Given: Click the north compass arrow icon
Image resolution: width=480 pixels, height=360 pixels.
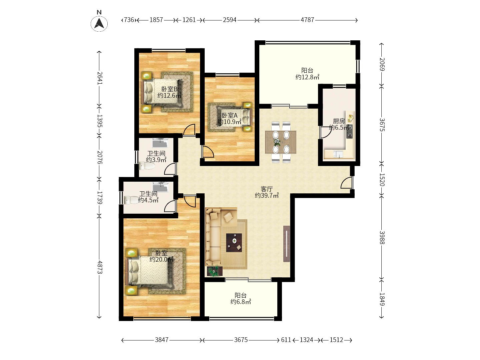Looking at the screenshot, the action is [99, 23].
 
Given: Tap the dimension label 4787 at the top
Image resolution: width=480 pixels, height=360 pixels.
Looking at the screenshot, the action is [307, 20].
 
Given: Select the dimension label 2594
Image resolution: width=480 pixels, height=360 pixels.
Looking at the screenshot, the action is [230, 20].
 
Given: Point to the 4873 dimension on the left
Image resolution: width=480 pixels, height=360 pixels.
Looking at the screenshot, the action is [99, 267].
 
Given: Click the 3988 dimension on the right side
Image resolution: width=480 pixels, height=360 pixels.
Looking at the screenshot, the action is [382, 237].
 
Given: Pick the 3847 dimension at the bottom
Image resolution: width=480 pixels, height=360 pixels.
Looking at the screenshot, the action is [162, 340].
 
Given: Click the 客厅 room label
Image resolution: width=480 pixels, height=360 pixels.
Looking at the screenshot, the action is [267, 189].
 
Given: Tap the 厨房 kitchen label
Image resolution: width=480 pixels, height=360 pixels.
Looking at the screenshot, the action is [339, 121].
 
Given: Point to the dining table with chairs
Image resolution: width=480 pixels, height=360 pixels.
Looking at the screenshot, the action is [281, 142].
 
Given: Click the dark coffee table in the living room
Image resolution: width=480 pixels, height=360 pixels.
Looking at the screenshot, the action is [234, 243].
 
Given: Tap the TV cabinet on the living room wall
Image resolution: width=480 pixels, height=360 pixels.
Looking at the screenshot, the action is [287, 244].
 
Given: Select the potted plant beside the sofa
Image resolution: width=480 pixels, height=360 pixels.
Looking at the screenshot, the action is [214, 271].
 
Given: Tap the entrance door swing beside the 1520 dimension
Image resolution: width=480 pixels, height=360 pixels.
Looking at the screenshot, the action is [346, 183].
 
